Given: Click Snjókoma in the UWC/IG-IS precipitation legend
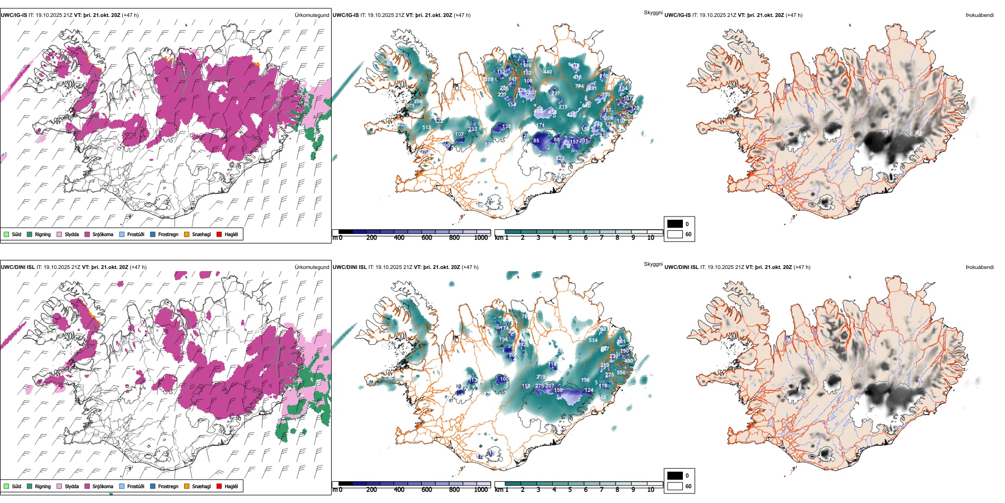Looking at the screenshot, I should coord(103,234).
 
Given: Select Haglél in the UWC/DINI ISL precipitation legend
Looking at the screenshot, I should coord(231,486).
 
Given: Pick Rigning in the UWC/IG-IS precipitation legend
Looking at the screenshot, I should coord(43,234).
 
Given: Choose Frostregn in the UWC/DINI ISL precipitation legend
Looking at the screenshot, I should coord(168,486).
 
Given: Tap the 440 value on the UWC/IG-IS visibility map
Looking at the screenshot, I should coord(547,72).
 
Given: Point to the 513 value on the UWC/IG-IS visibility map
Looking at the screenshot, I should coord(426,127).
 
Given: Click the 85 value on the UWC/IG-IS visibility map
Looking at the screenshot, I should coord(536,141).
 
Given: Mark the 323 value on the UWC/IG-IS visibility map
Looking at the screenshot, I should coord(560,158).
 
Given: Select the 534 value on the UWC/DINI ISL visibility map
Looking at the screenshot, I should coord(593,340).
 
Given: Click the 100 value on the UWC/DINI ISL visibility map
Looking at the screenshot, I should coord(504,379).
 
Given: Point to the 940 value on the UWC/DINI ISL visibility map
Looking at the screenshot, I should coord(602,398).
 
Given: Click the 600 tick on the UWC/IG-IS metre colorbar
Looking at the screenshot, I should coord(426,238).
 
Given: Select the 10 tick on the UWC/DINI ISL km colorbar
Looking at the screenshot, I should coord(651,490).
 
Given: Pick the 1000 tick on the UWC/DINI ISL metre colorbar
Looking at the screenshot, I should coord(481,490).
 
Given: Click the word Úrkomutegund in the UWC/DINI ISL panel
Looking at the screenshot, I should coord(312,267).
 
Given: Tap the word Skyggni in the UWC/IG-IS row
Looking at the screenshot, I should coord(653,12).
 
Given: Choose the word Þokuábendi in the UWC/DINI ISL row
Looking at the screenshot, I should coord(980,267).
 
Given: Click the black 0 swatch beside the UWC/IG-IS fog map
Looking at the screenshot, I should coord(675,223).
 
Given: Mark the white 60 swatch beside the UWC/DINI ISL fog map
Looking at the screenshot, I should coord(675,486).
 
